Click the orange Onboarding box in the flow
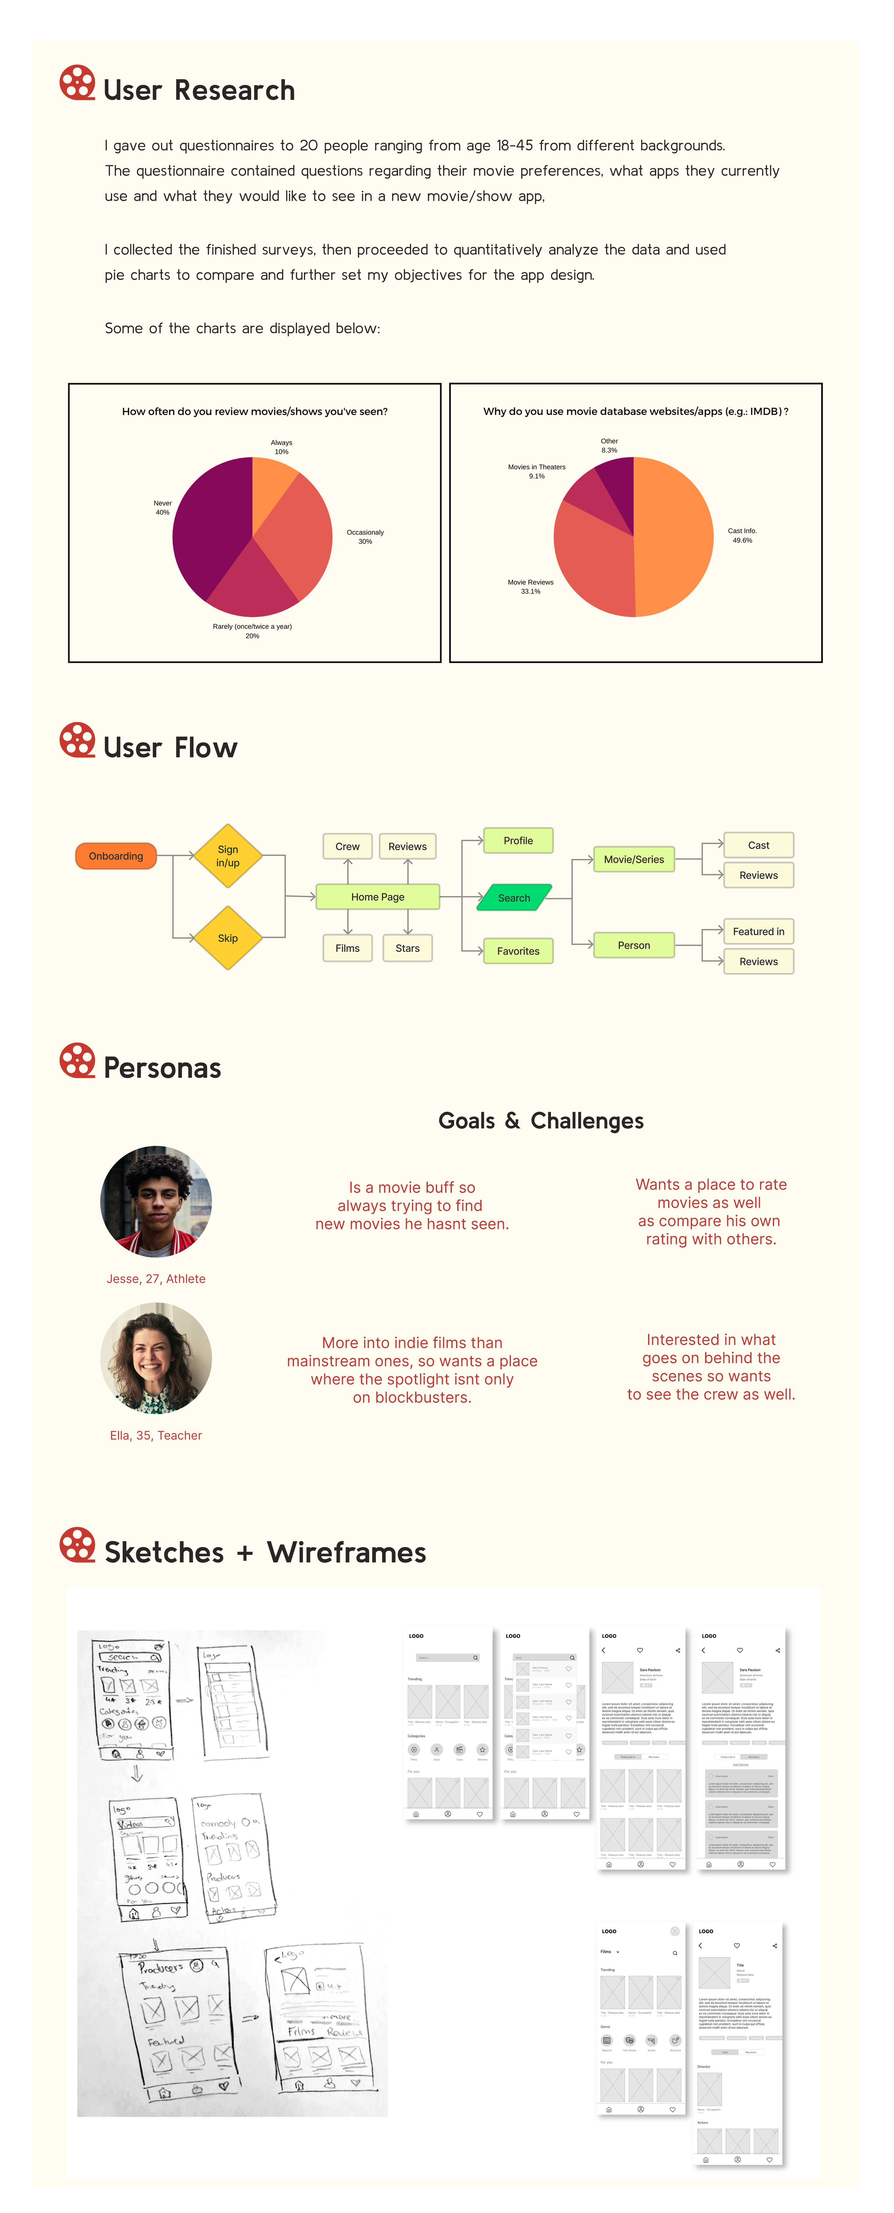pyautogui.click(x=116, y=856)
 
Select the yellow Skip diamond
pyautogui.click(x=228, y=938)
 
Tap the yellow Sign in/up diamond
pyautogui.click(x=228, y=856)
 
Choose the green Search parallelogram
pyautogui.click(x=514, y=898)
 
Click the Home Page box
pyautogui.click(x=377, y=897)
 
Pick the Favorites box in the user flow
pyautogui.click(x=519, y=951)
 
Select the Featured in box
pyautogui.click(x=758, y=931)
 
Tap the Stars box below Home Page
pyautogui.click(x=407, y=948)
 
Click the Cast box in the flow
pyautogui.click(x=758, y=845)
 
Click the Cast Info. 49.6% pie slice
pyautogui.click(x=675, y=537)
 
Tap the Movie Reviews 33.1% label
pyautogui.click(x=530, y=587)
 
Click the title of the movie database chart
pyautogui.click(x=635, y=411)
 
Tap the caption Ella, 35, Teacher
pyautogui.click(x=156, y=1436)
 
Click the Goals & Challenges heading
pyautogui.click(x=541, y=1121)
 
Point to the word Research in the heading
pyautogui.click(x=235, y=90)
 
